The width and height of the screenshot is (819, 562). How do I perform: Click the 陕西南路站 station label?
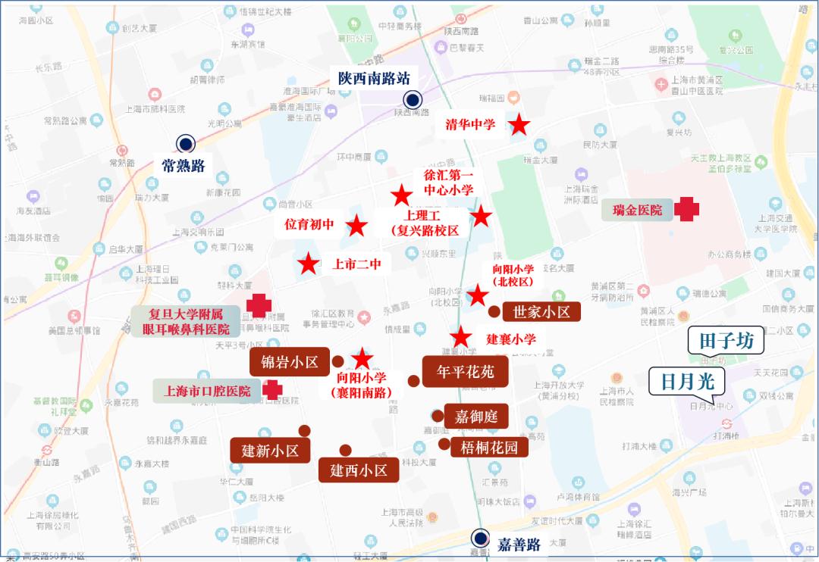click(x=374, y=77)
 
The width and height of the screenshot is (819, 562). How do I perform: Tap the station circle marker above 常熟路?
click(x=184, y=143)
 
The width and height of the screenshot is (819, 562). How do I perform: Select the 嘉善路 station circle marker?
click(x=479, y=538)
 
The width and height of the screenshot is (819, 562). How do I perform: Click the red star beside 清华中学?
click(x=519, y=125)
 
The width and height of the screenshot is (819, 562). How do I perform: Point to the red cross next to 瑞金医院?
click(x=687, y=209)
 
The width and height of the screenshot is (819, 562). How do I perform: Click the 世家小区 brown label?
click(x=541, y=311)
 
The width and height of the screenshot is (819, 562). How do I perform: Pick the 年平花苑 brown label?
click(x=465, y=372)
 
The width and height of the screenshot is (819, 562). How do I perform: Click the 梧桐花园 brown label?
click(x=489, y=447)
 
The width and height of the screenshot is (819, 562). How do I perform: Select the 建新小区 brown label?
click(x=270, y=451)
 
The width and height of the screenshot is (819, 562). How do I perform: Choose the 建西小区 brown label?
click(x=359, y=470)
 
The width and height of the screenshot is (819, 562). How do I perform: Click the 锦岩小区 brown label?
click(x=289, y=362)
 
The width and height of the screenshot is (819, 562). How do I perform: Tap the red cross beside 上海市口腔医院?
click(x=272, y=390)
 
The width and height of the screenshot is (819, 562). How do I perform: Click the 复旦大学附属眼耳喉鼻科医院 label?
click(x=187, y=321)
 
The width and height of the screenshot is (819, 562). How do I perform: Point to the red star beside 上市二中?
click(x=308, y=264)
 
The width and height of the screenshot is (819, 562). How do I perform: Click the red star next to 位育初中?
click(x=356, y=225)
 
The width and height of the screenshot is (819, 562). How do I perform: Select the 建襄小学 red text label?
click(x=511, y=339)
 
